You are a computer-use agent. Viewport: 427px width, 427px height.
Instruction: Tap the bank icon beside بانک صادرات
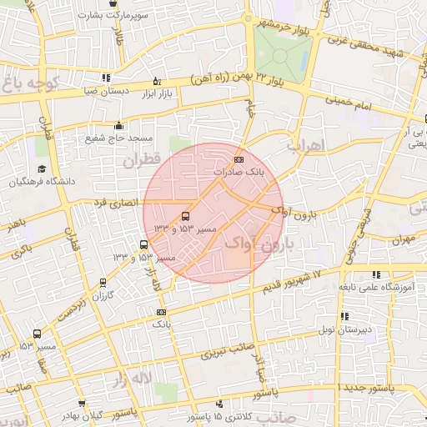pos(239,159)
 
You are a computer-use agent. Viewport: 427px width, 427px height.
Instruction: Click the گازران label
pos(101,295)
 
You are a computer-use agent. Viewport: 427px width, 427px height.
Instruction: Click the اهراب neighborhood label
pos(304,144)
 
